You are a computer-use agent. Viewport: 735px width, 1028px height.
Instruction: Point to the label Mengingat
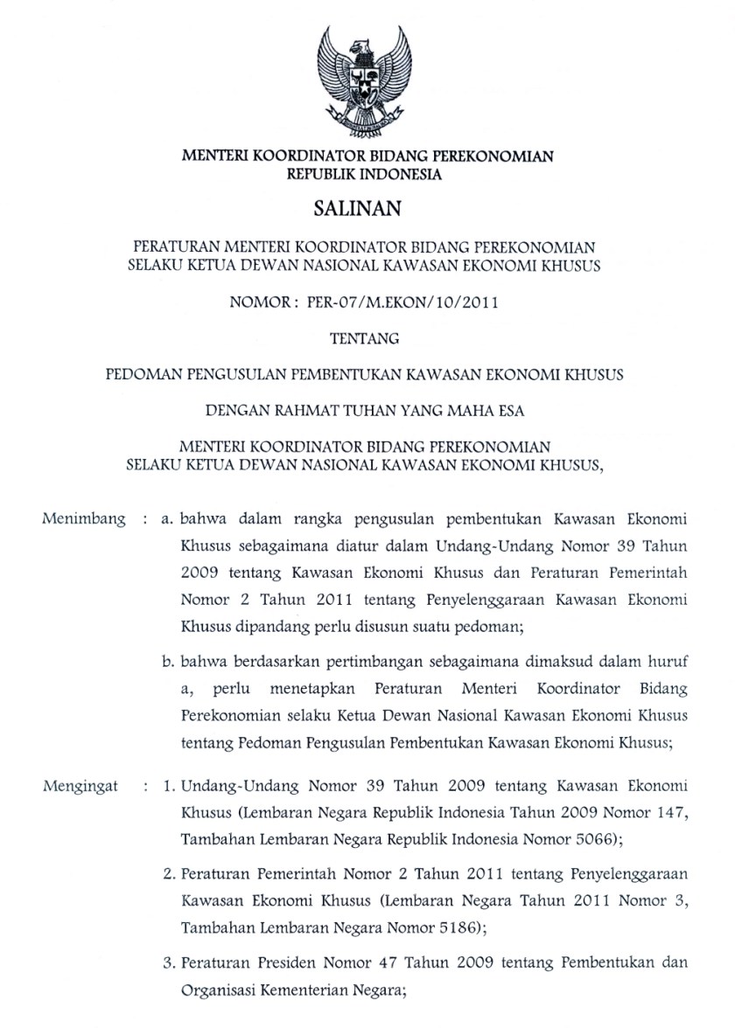click(80, 786)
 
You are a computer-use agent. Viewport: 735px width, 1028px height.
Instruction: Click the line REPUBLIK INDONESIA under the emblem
click(367, 174)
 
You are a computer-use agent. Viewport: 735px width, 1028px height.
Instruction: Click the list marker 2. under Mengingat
click(170, 874)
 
